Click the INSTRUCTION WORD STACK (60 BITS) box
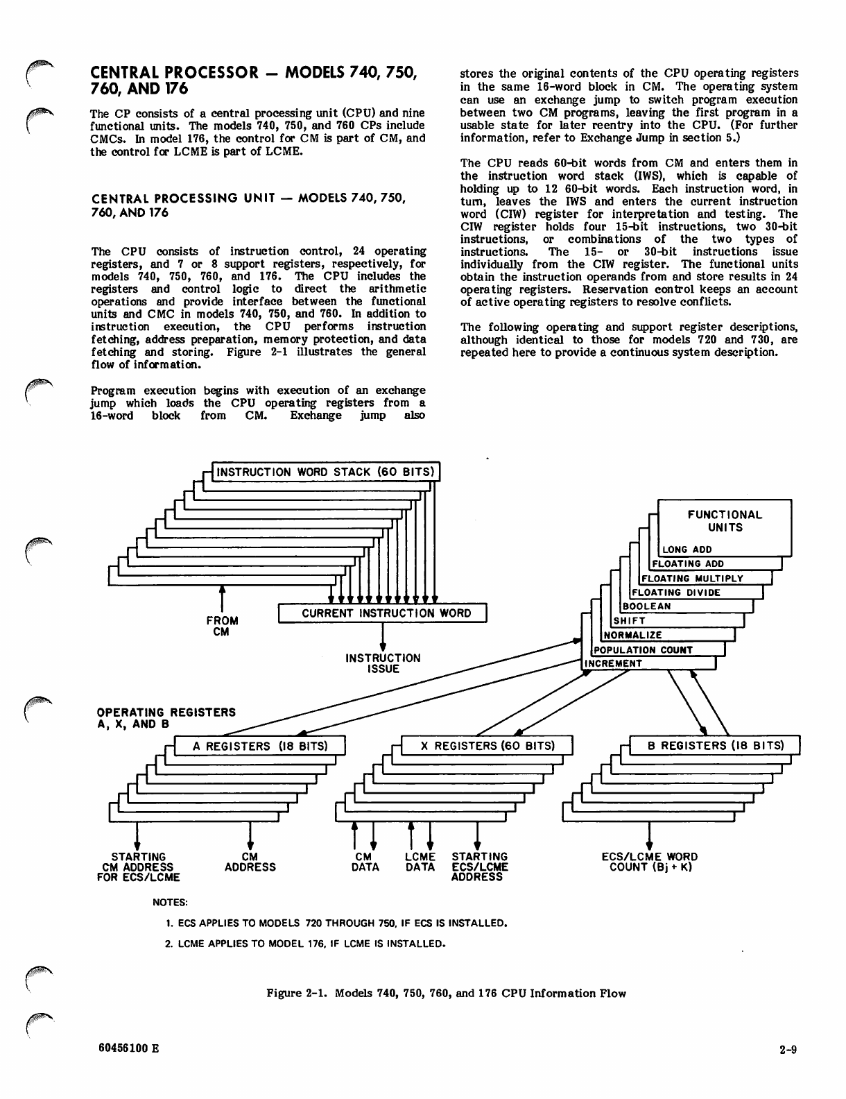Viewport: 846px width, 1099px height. [x=326, y=472]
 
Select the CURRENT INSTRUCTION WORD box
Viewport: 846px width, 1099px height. [x=386, y=613]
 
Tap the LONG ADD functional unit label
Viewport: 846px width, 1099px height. [x=687, y=549]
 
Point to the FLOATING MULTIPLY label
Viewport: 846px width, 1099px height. [x=692, y=578]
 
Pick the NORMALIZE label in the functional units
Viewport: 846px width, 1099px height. [x=633, y=635]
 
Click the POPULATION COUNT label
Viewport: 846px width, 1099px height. [x=643, y=650]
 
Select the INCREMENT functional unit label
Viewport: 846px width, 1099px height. [x=614, y=663]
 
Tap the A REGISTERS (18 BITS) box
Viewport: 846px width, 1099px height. [x=259, y=746]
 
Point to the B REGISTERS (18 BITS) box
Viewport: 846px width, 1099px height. [x=716, y=746]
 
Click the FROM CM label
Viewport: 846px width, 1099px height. [x=222, y=626]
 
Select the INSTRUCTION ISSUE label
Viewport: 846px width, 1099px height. [x=383, y=663]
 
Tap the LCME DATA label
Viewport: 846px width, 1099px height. [x=420, y=862]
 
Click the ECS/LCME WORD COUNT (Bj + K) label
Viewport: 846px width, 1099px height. [x=650, y=862]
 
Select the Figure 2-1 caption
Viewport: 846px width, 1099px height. [x=446, y=993]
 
